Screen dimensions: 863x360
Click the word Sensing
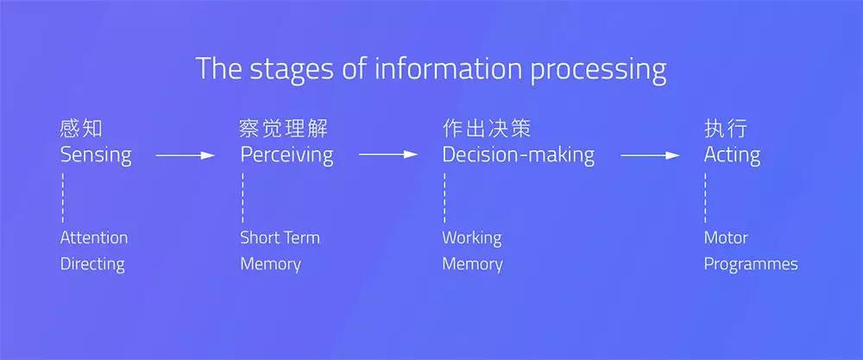point(96,155)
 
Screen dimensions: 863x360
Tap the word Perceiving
point(287,155)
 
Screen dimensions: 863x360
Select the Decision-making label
point(519,155)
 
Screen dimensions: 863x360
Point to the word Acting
point(732,155)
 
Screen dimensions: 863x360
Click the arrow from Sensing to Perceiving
point(185,155)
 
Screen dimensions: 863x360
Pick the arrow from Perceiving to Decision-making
point(388,155)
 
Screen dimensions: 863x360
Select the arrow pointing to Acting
point(650,155)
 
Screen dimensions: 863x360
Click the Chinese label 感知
point(81,129)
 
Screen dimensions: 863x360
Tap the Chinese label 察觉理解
point(284,129)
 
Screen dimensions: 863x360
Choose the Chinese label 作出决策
point(487,129)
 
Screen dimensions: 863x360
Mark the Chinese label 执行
point(726,129)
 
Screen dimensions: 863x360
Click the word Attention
point(93,237)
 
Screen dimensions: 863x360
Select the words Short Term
point(280,237)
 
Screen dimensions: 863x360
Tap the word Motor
point(726,237)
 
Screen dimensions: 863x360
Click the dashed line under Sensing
point(63,199)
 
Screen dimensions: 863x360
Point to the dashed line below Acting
point(706,199)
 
